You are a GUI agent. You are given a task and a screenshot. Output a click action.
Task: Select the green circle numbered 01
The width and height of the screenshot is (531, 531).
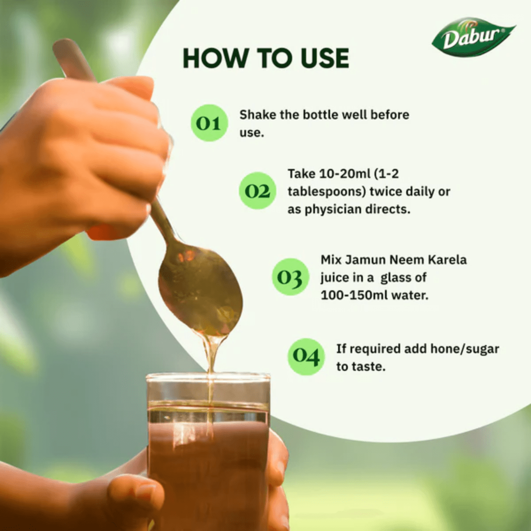(209, 123)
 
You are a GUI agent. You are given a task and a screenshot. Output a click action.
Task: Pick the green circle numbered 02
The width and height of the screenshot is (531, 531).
(258, 191)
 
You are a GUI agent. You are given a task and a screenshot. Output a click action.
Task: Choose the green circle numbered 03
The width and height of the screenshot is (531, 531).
(290, 277)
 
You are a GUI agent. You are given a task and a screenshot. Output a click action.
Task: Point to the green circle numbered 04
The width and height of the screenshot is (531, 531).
(306, 356)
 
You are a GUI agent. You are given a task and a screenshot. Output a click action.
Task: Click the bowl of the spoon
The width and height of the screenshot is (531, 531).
(201, 288)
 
